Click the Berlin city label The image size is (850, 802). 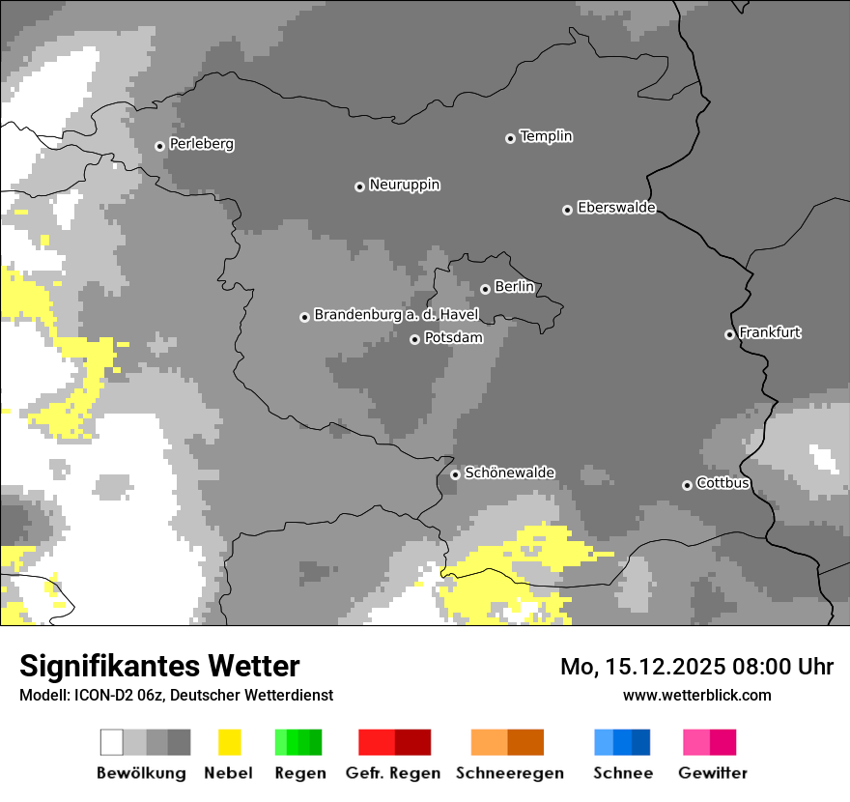(x=514, y=287)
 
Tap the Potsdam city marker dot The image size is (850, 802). (x=414, y=339)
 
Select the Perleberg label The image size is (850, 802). (x=201, y=144)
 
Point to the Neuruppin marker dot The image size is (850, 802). (x=359, y=186)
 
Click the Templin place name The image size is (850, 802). (x=546, y=136)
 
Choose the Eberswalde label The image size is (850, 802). (x=616, y=208)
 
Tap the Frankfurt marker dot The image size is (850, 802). (x=729, y=334)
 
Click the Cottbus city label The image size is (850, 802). (x=722, y=483)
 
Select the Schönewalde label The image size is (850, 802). (x=509, y=473)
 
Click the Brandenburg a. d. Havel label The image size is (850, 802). (x=396, y=315)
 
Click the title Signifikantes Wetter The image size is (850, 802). (x=159, y=666)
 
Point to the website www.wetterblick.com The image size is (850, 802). (x=696, y=695)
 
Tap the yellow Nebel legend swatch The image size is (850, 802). (x=229, y=742)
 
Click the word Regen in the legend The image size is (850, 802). (x=298, y=773)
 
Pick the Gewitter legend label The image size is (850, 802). (x=712, y=773)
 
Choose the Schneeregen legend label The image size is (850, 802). (x=509, y=773)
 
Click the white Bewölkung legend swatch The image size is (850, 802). (x=112, y=742)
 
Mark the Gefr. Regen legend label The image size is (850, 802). (x=392, y=773)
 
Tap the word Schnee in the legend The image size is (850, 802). (x=622, y=773)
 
